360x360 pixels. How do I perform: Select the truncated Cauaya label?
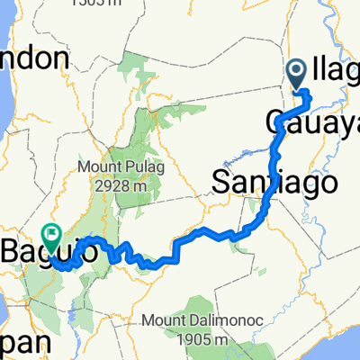pos(311,121)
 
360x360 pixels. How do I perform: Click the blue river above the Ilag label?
pos(335,27)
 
